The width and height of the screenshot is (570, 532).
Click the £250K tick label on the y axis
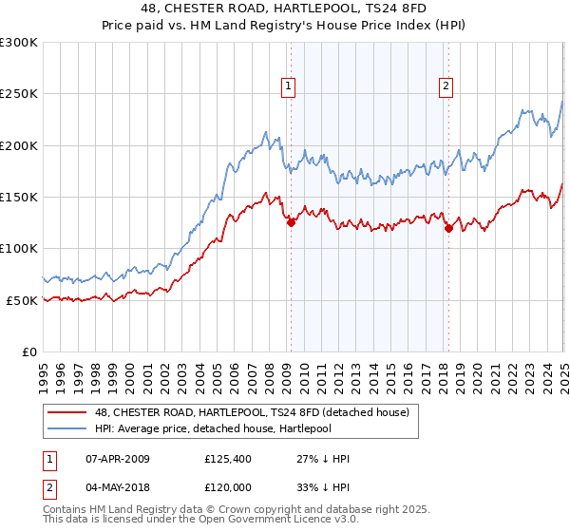click(19, 94)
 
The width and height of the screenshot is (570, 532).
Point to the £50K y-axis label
click(22, 300)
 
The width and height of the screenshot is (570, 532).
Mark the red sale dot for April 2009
click(291, 222)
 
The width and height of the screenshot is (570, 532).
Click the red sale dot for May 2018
click(448, 228)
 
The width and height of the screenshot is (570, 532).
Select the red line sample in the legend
click(68, 412)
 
